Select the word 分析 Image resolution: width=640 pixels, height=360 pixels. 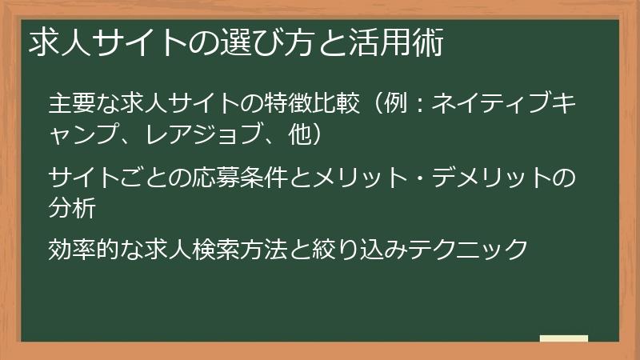[x=70, y=206]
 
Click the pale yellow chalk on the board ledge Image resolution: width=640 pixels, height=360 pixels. [x=564, y=338]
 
